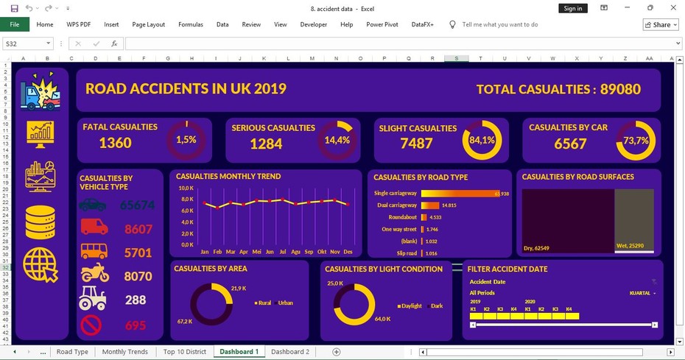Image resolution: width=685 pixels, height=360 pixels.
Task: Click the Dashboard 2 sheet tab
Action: click(x=289, y=352)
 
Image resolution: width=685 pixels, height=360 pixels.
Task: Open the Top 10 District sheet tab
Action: click(x=184, y=352)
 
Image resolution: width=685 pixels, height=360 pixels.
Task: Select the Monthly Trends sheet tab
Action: click(x=124, y=352)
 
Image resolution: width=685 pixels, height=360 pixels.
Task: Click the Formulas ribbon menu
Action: click(x=191, y=24)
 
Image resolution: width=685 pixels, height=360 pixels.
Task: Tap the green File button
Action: click(x=15, y=24)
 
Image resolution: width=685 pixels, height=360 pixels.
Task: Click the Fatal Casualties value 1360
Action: click(x=116, y=143)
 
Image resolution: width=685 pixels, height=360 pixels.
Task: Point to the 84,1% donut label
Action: click(x=482, y=141)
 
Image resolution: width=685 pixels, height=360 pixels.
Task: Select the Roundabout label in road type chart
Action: click(x=402, y=218)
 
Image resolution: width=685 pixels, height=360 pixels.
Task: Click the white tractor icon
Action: click(x=93, y=299)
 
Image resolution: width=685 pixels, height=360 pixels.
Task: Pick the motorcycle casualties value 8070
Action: click(x=138, y=277)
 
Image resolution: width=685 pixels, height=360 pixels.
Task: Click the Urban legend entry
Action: click(x=284, y=303)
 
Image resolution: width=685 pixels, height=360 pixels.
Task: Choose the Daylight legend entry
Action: click(x=411, y=306)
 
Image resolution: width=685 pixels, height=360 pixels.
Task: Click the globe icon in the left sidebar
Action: click(x=41, y=266)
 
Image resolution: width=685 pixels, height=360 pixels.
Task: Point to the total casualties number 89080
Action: click(x=620, y=89)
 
